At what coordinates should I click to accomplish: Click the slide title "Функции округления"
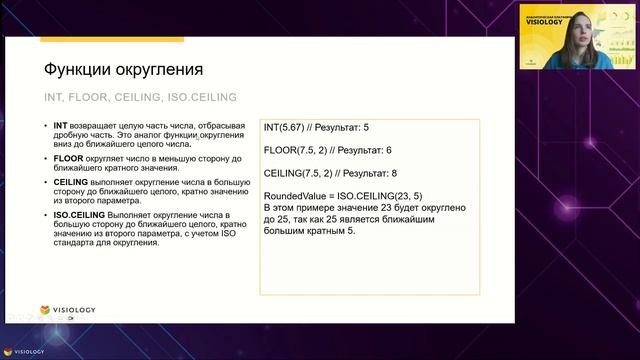click(x=124, y=70)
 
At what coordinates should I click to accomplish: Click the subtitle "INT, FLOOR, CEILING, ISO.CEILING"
click(x=139, y=97)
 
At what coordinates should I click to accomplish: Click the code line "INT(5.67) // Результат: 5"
click(x=315, y=128)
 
